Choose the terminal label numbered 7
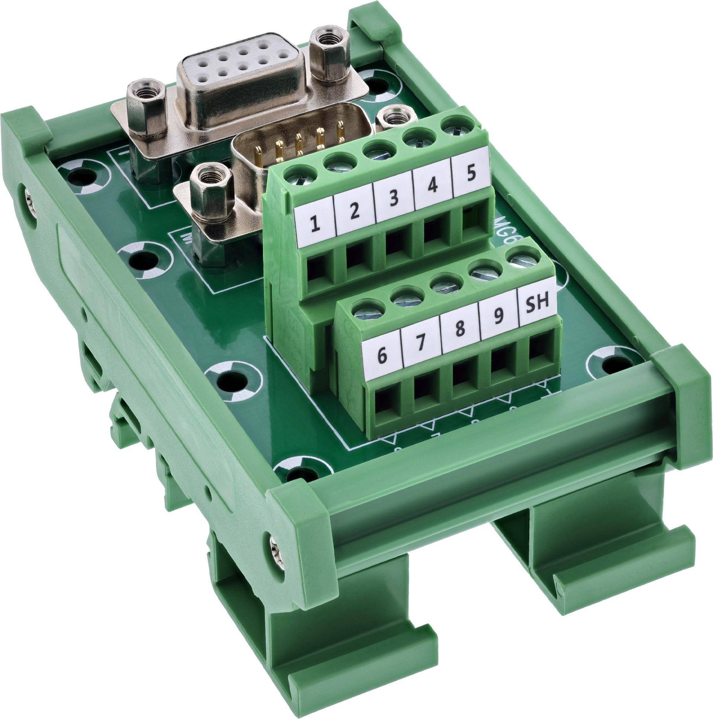coord(420,342)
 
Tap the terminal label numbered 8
coord(460,328)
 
